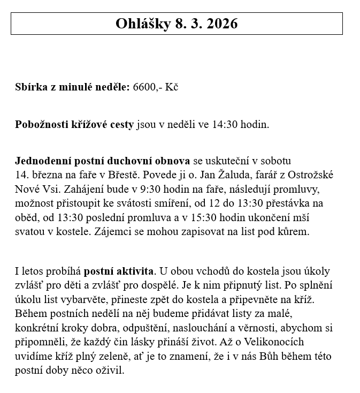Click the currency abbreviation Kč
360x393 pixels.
click(172, 87)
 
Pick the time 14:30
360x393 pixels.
click(224, 125)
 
